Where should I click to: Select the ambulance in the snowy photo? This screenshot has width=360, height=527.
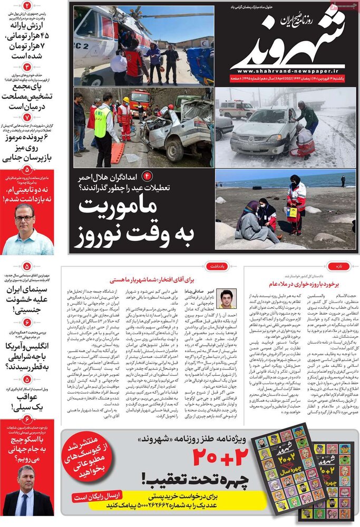tap(237, 109)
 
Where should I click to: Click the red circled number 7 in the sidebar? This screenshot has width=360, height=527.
tap(27, 116)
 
